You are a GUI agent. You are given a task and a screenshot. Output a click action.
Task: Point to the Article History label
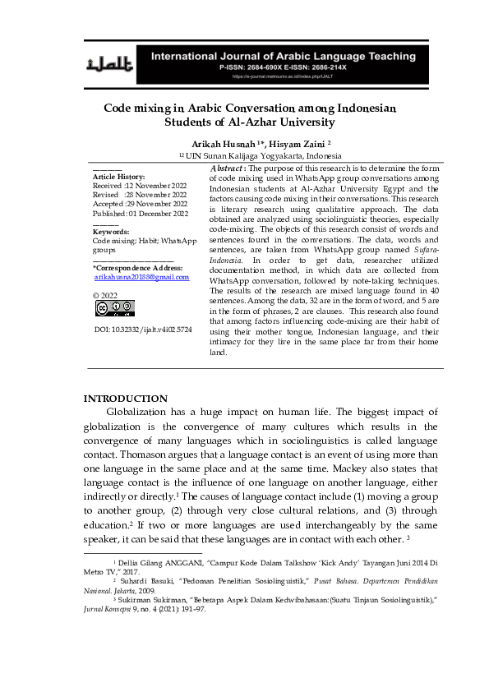pos(119,177)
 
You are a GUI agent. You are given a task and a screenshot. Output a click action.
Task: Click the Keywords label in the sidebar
pos(112,232)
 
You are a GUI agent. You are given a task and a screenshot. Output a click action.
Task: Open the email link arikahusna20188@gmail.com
pos(141,277)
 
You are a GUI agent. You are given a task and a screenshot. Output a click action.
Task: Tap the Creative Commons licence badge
pos(114,308)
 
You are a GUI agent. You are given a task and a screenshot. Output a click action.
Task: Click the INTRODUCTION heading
pos(126,398)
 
